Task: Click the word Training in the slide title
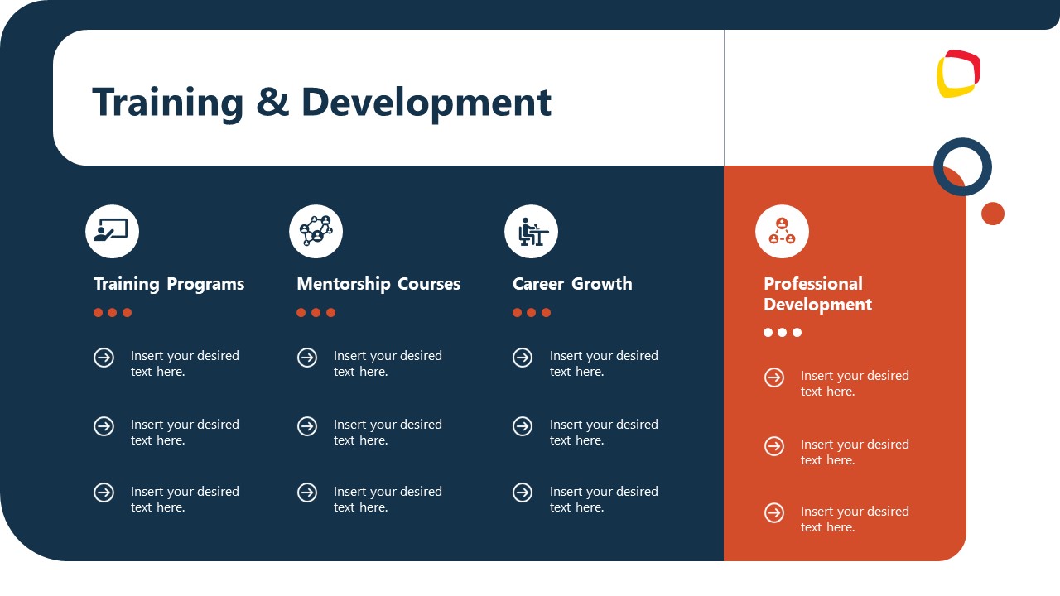point(167,103)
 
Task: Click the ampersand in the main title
point(272,103)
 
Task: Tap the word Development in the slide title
point(426,103)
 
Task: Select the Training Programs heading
point(169,284)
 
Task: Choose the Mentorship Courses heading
point(378,284)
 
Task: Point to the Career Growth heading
point(572,284)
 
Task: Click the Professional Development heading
point(817,294)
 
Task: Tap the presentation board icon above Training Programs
point(112,231)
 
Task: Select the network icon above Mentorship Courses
point(316,231)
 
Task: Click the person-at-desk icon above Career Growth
point(531,231)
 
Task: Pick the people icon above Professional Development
point(782,231)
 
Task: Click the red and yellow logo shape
point(958,74)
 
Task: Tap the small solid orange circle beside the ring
point(992,214)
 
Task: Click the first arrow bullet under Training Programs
point(104,358)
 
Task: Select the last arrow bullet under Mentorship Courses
point(307,493)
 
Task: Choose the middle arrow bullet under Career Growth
point(523,426)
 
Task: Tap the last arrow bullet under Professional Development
point(774,512)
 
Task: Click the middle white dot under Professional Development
point(783,333)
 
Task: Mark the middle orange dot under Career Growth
point(532,313)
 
